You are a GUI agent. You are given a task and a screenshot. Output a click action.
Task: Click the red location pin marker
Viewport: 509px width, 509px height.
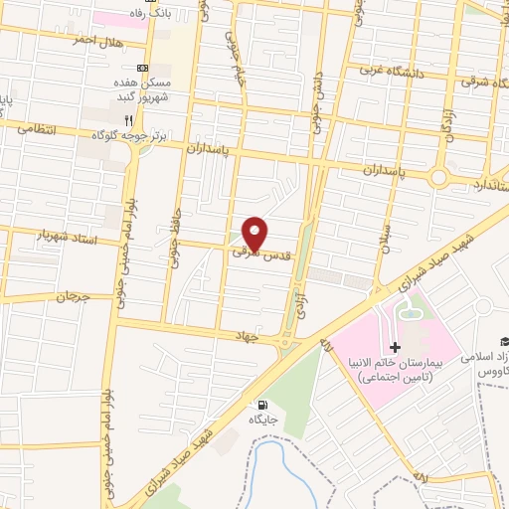(x=255, y=233)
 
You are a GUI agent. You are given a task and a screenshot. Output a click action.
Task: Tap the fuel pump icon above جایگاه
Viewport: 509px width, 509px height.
(x=261, y=405)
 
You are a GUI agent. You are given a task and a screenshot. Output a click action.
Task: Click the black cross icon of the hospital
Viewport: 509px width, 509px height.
(x=396, y=347)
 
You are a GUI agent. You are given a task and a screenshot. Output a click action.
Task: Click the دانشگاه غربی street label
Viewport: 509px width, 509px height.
(x=376, y=70)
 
